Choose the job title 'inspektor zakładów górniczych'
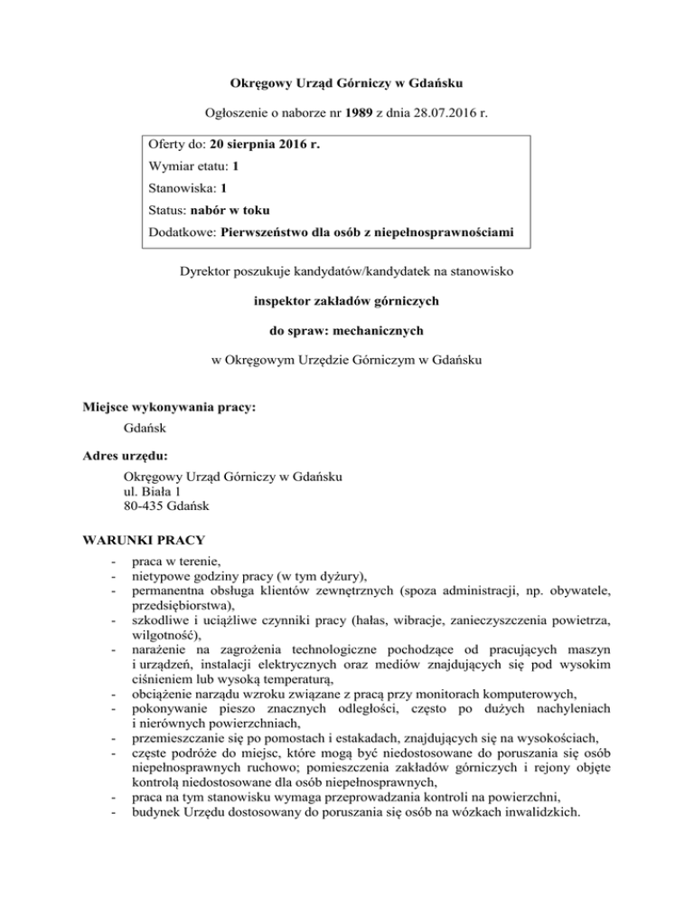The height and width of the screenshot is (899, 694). point(347,299)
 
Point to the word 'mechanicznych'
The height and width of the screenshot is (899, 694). point(382,329)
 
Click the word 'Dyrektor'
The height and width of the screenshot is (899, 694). point(208,269)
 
